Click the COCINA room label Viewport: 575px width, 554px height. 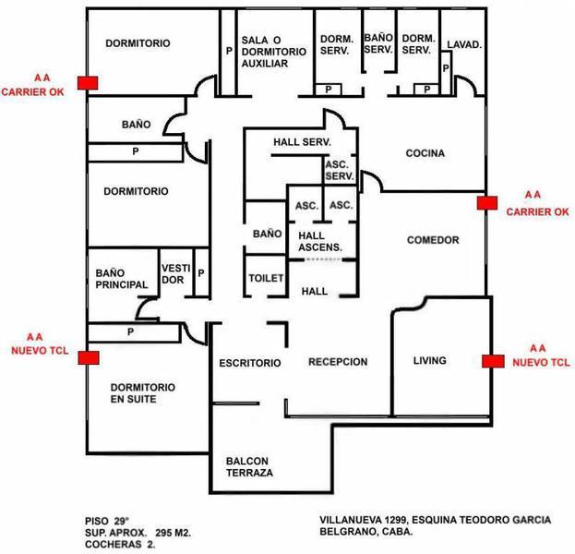425,153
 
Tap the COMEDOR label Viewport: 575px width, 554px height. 433,240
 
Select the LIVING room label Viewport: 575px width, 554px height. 429,360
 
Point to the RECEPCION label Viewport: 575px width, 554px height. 338,362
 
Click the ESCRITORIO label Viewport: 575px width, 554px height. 249,363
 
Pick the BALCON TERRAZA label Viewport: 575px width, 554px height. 249,466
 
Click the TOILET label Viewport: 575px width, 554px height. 266,278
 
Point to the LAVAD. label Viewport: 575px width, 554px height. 463,44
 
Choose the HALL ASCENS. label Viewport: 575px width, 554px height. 320,241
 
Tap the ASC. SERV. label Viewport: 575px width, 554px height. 340,170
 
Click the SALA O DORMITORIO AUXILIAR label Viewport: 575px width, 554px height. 272,52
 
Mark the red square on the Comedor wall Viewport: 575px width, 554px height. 485,201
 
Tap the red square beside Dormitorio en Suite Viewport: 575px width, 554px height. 88,357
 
